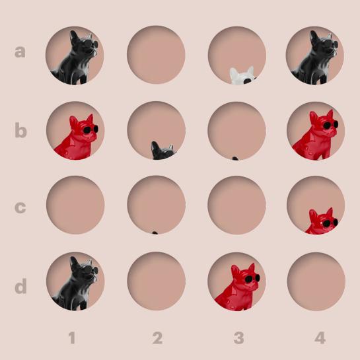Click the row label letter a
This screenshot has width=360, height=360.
[x=20, y=52]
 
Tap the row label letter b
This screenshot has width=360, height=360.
[x=21, y=130]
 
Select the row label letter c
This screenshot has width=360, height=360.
[x=20, y=207]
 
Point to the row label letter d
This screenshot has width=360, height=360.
[x=20, y=286]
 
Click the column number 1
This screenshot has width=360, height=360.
[x=72, y=338]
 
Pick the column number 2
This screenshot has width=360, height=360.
[x=158, y=338]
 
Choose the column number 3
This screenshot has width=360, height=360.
[x=238, y=338]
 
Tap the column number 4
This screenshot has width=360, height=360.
[x=320, y=338]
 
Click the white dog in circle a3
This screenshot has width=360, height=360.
[x=243, y=76]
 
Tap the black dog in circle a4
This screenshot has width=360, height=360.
[x=315, y=59]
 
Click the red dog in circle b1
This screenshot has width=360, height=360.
[x=77, y=138]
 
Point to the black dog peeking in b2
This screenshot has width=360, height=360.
[x=163, y=151]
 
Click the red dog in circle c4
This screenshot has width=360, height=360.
[x=322, y=221]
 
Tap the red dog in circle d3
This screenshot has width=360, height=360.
[x=238, y=288]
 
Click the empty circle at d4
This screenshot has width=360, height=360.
[x=316, y=281]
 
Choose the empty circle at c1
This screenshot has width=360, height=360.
[x=75, y=205]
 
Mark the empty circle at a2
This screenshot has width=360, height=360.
[x=156, y=55]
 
